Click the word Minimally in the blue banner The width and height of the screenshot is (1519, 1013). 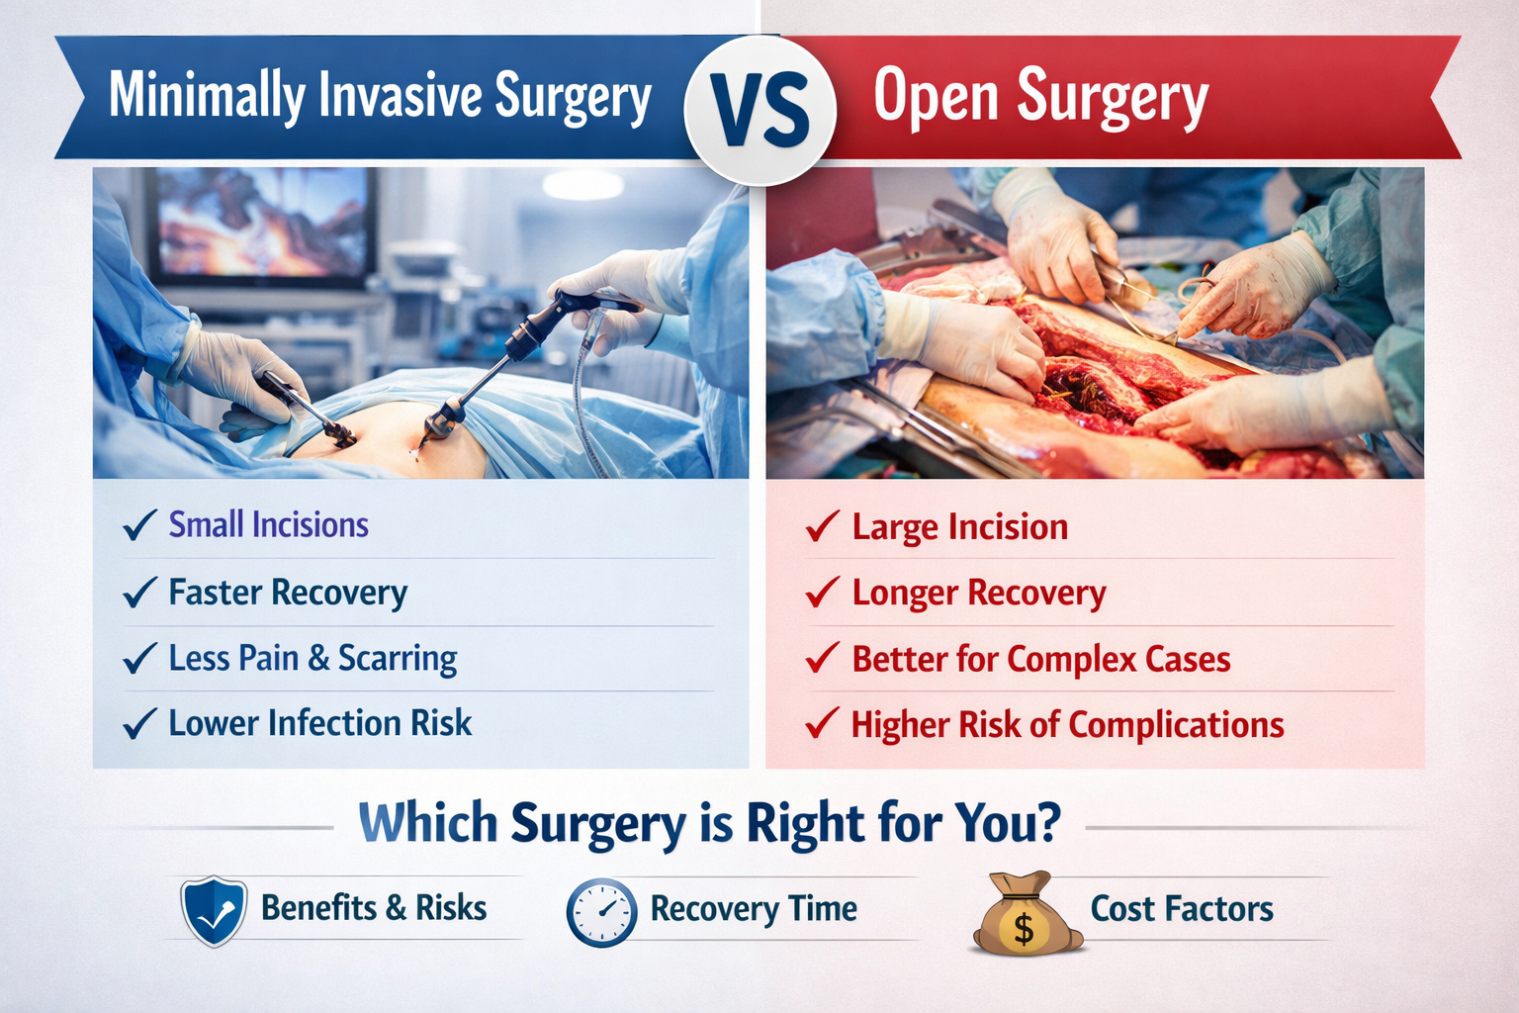point(207,96)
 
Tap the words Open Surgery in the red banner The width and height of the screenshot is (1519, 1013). point(1040,97)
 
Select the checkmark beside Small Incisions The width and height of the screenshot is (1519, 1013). point(138,525)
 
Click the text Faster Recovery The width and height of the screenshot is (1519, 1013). point(288,593)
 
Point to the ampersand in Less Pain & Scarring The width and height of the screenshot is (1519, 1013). point(318,659)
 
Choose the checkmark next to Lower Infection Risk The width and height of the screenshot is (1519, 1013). point(138,723)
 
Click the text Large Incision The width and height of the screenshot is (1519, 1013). point(959,527)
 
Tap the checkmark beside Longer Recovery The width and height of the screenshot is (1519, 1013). point(822,593)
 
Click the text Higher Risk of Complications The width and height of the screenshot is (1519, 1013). point(1067,725)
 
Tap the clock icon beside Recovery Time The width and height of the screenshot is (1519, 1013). point(601,911)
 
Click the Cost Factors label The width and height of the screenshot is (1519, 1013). point(1182,908)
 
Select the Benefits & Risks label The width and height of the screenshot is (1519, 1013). point(374,907)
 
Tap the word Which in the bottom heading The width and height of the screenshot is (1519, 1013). point(427,823)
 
